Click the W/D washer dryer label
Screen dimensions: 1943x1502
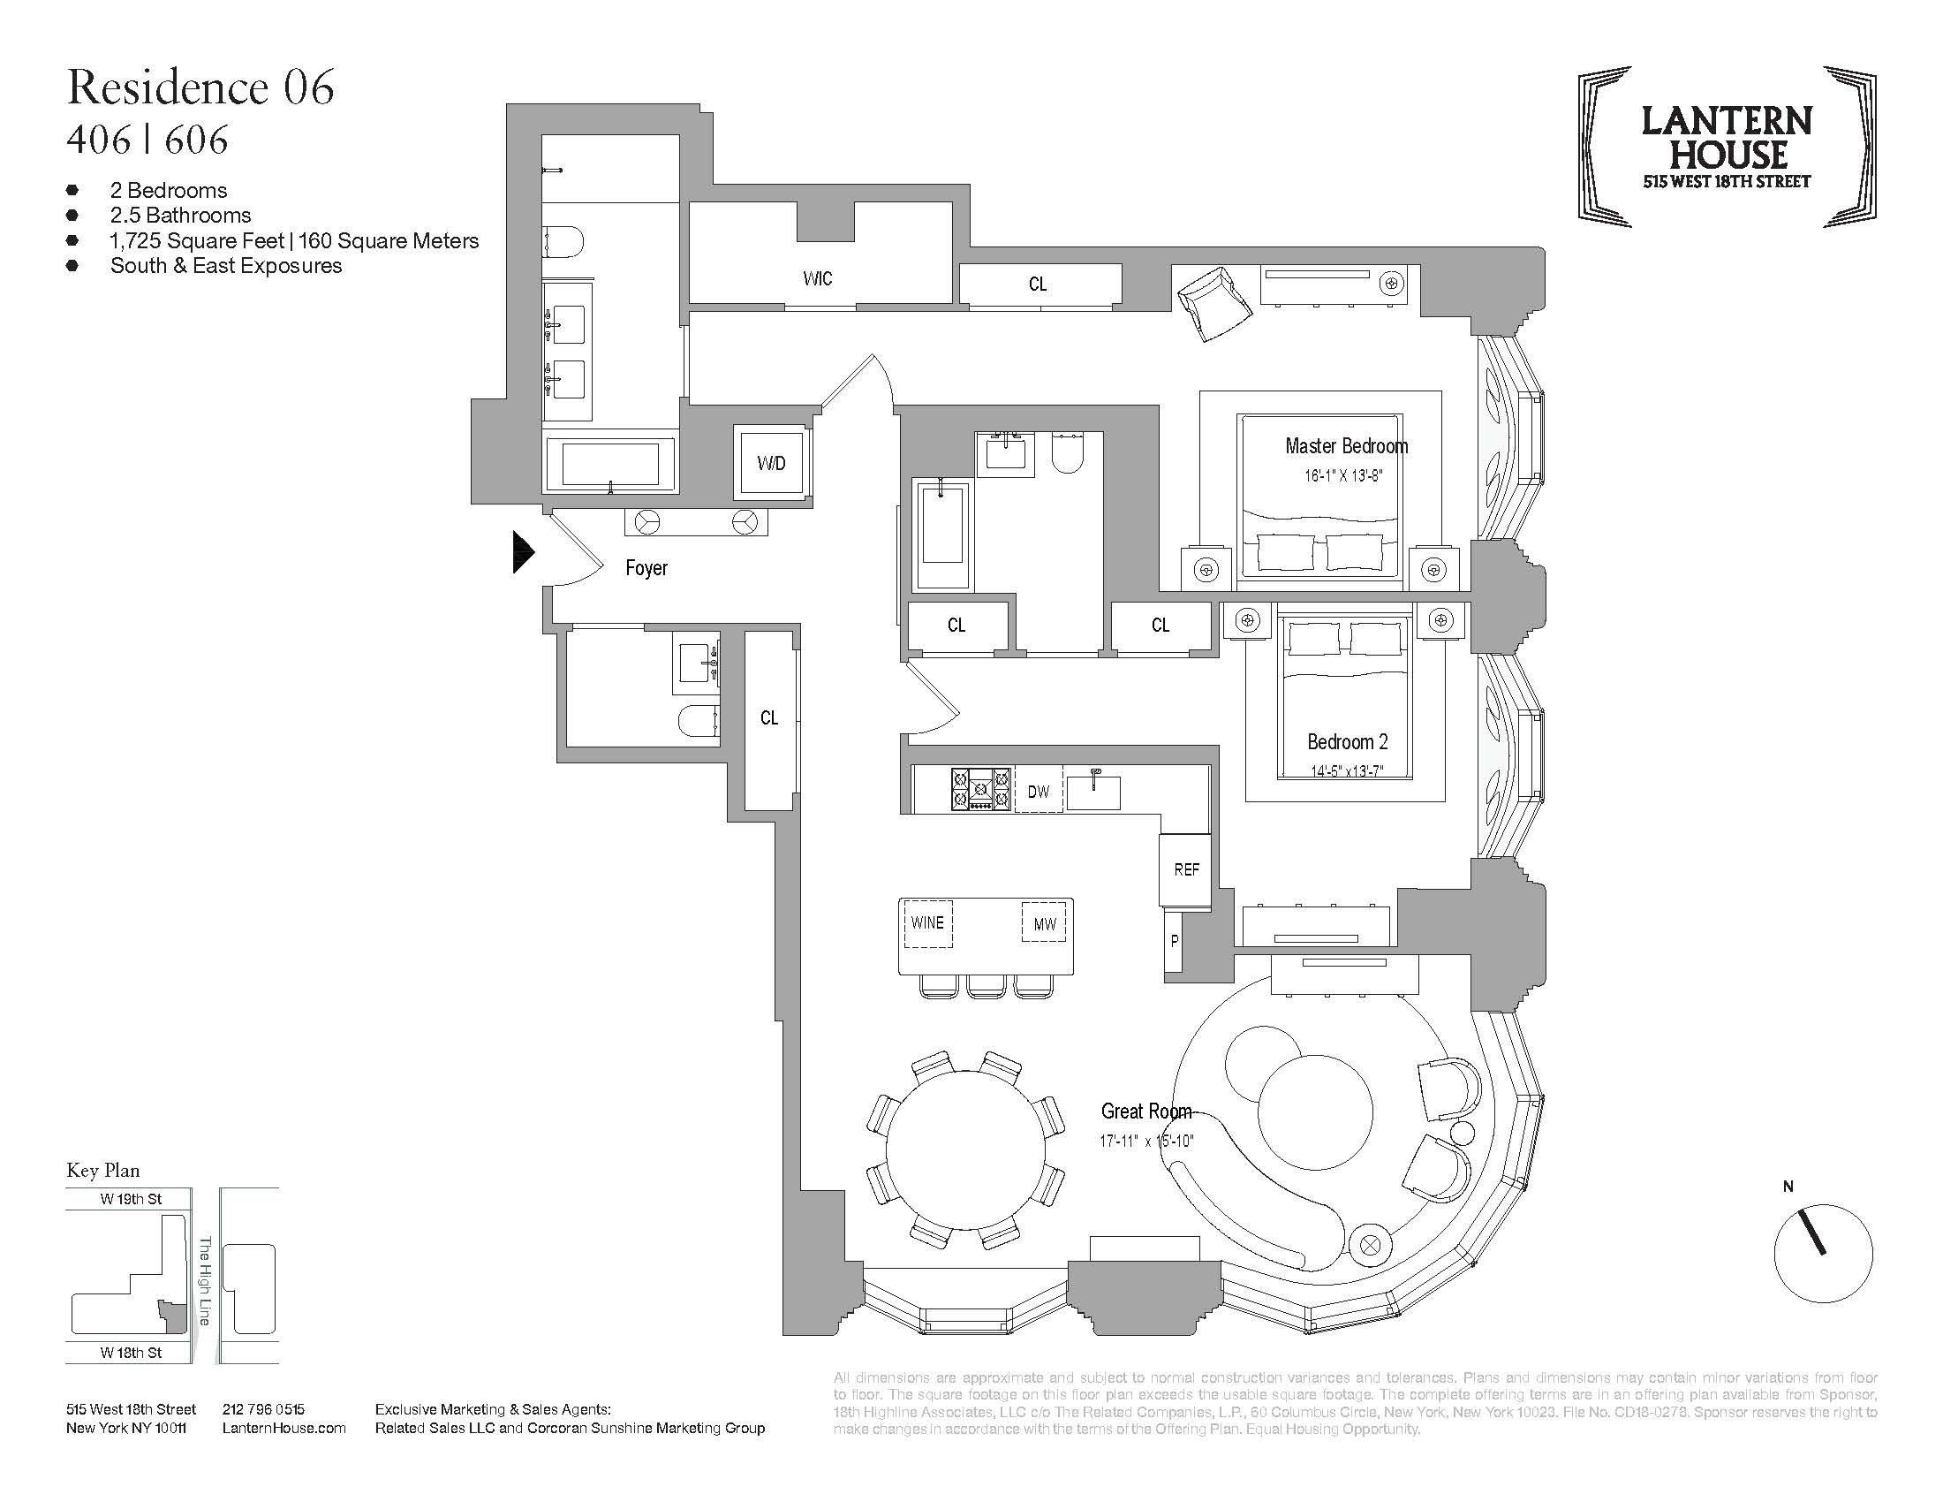pos(770,463)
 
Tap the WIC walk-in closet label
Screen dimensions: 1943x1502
pos(817,278)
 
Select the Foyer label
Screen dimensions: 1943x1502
pos(646,568)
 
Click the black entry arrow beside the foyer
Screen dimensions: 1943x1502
pos(523,551)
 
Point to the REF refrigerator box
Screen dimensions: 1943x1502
pos(1186,869)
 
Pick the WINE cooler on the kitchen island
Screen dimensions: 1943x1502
pos(927,922)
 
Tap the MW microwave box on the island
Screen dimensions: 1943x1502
pos(1045,924)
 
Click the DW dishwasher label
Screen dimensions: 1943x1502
pos(1039,791)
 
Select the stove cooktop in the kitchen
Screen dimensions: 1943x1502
pos(980,789)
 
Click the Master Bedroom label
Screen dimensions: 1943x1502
pos(1346,446)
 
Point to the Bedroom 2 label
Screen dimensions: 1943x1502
pos(1347,741)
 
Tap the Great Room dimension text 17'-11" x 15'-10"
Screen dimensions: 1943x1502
pos(1145,1141)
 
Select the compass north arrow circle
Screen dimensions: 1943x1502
pos(1823,1253)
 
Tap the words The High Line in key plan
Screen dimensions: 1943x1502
pos(205,1280)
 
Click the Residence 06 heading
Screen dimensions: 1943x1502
pos(200,87)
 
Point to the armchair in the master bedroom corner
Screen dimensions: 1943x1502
pos(1214,300)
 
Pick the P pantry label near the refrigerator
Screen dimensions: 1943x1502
pos(1175,941)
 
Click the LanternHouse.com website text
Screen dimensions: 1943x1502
pos(284,1428)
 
